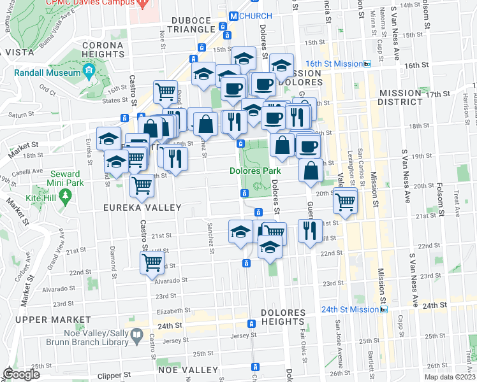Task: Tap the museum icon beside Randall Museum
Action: [89, 69]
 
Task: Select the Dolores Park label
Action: [255, 171]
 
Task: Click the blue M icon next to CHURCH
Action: [233, 16]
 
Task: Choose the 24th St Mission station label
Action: [350, 309]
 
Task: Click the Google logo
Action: [20, 374]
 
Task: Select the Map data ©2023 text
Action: [450, 377]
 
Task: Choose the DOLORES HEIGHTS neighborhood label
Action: [283, 318]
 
